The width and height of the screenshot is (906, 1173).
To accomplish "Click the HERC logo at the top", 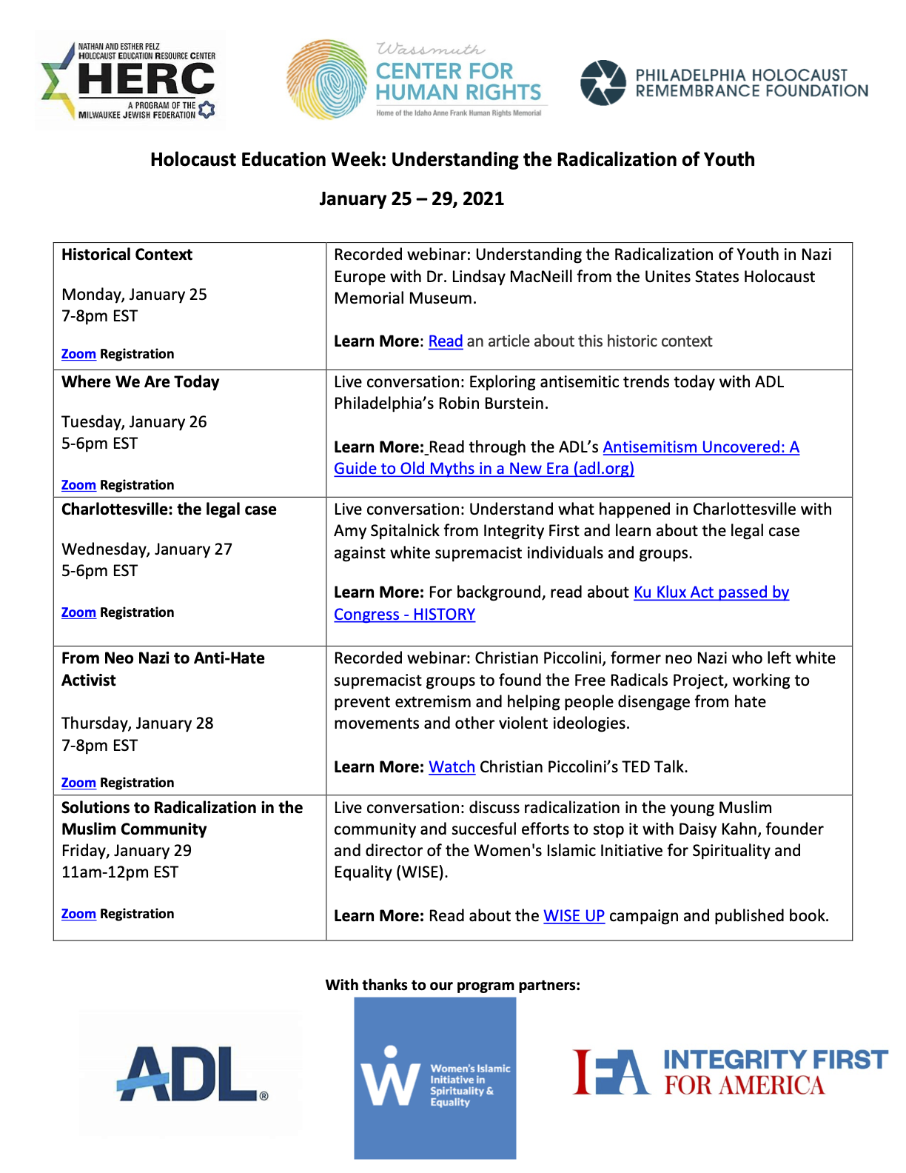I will pos(130,81).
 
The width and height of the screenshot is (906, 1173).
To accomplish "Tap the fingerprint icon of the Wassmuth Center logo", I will pos(326,80).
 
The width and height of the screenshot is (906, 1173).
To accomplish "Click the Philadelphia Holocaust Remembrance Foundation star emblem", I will pos(603,82).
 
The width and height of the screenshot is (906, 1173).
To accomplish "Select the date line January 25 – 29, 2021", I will pos(412,198).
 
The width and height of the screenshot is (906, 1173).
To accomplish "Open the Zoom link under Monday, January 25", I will pos(78,354).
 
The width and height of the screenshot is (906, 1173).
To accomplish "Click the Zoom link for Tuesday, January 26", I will pos(78,485).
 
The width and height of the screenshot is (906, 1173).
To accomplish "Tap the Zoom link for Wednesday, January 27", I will pos(78,612).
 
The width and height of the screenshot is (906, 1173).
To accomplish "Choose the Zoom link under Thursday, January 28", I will pos(78,783).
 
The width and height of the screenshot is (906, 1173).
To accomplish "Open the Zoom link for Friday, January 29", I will pos(78,914).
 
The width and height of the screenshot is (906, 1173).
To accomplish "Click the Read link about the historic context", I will pos(446,341).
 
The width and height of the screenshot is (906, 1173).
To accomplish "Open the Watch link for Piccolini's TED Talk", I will pos(452,767).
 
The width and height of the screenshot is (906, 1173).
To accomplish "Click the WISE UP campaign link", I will pos(574,916).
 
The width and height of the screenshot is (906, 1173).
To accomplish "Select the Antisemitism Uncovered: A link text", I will pos(701,447).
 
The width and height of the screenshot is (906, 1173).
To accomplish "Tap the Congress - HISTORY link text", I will pos(404,615).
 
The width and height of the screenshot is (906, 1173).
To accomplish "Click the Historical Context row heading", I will pos(127,255).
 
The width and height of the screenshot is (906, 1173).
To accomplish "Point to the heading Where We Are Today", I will pos(141,382).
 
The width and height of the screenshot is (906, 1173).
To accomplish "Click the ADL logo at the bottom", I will pos(191,1073).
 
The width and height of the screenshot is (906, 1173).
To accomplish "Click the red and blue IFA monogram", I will pos(611,1072).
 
